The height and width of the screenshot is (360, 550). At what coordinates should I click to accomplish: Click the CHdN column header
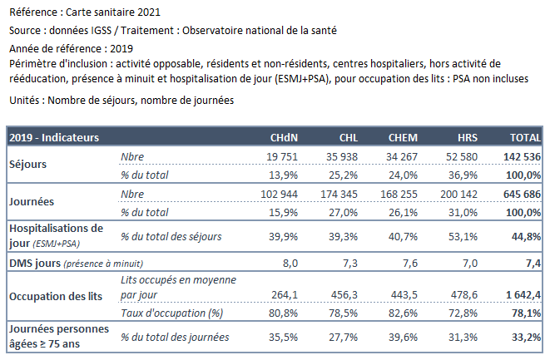point(284,138)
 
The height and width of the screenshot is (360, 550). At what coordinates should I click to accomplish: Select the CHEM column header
point(403,138)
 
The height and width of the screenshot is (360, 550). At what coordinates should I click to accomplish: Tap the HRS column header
point(468,138)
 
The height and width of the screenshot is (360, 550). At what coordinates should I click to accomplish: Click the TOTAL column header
point(525,138)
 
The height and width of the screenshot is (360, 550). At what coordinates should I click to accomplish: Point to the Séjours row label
point(27,165)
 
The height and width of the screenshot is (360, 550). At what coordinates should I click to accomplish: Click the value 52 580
point(462,156)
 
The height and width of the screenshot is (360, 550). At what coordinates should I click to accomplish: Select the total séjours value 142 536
point(522,156)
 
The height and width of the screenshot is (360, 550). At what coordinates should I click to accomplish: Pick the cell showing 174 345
point(339,195)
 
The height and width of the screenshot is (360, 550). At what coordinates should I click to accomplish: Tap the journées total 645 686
point(522,195)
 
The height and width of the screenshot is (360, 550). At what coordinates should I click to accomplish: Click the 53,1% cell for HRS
point(463,237)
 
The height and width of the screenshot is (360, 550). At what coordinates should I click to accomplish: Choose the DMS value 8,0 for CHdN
point(290,264)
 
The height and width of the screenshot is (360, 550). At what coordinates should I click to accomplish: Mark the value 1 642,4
point(523,295)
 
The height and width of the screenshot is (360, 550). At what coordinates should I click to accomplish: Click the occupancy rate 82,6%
point(403,313)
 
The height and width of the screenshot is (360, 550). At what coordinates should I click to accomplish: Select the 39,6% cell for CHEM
point(403,338)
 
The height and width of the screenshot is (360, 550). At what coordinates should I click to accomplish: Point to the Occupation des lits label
point(56,297)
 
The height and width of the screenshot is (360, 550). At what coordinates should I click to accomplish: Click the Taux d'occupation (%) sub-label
point(172,313)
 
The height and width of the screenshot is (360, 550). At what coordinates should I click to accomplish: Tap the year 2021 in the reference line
point(149,12)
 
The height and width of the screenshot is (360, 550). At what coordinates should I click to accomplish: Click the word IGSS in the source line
point(101,31)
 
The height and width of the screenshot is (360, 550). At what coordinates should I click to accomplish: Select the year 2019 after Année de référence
point(121,49)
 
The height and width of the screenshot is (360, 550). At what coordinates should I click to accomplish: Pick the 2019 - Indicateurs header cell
point(54,138)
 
